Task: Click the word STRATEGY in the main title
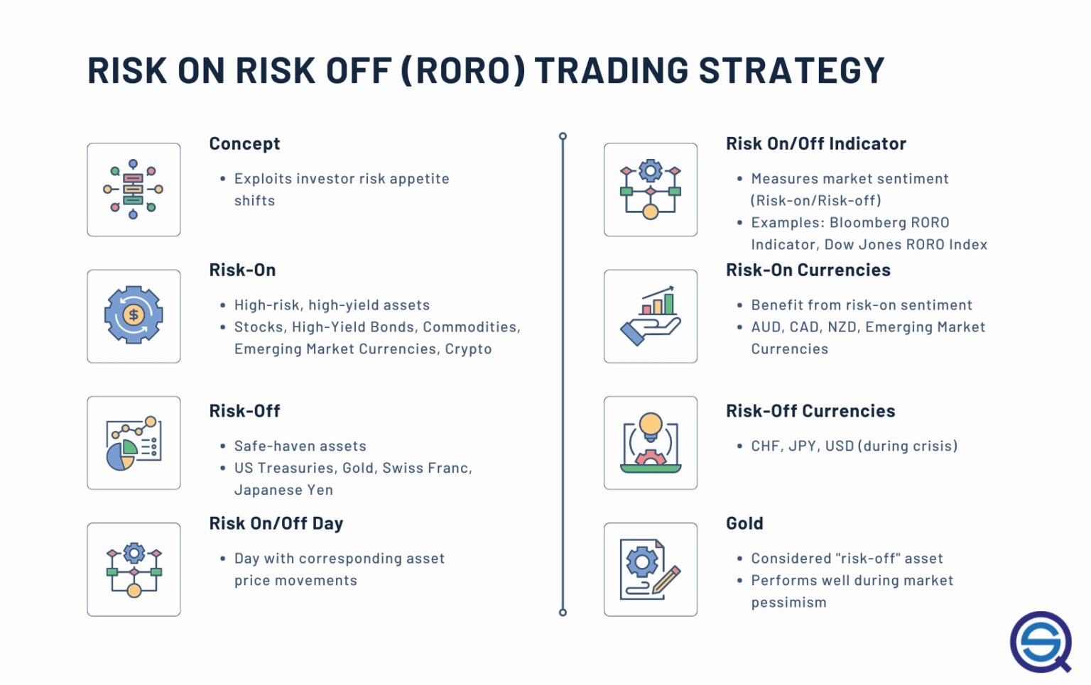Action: (x=791, y=71)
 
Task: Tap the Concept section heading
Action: (x=244, y=144)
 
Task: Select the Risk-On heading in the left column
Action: (x=242, y=270)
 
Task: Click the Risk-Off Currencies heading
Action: (x=810, y=411)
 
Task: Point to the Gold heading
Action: (x=744, y=524)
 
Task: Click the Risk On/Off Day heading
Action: (x=276, y=524)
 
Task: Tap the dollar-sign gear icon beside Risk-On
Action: (x=134, y=316)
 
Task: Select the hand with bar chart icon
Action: (x=650, y=316)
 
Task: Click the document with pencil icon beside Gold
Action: (x=650, y=569)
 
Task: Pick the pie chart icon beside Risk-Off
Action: (x=134, y=443)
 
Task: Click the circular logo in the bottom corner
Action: (x=1041, y=642)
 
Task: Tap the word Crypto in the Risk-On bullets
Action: (x=468, y=349)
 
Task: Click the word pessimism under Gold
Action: (x=788, y=603)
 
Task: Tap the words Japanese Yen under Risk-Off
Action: (x=283, y=491)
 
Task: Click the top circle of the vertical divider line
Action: (x=563, y=136)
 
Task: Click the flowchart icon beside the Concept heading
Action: (x=134, y=190)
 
